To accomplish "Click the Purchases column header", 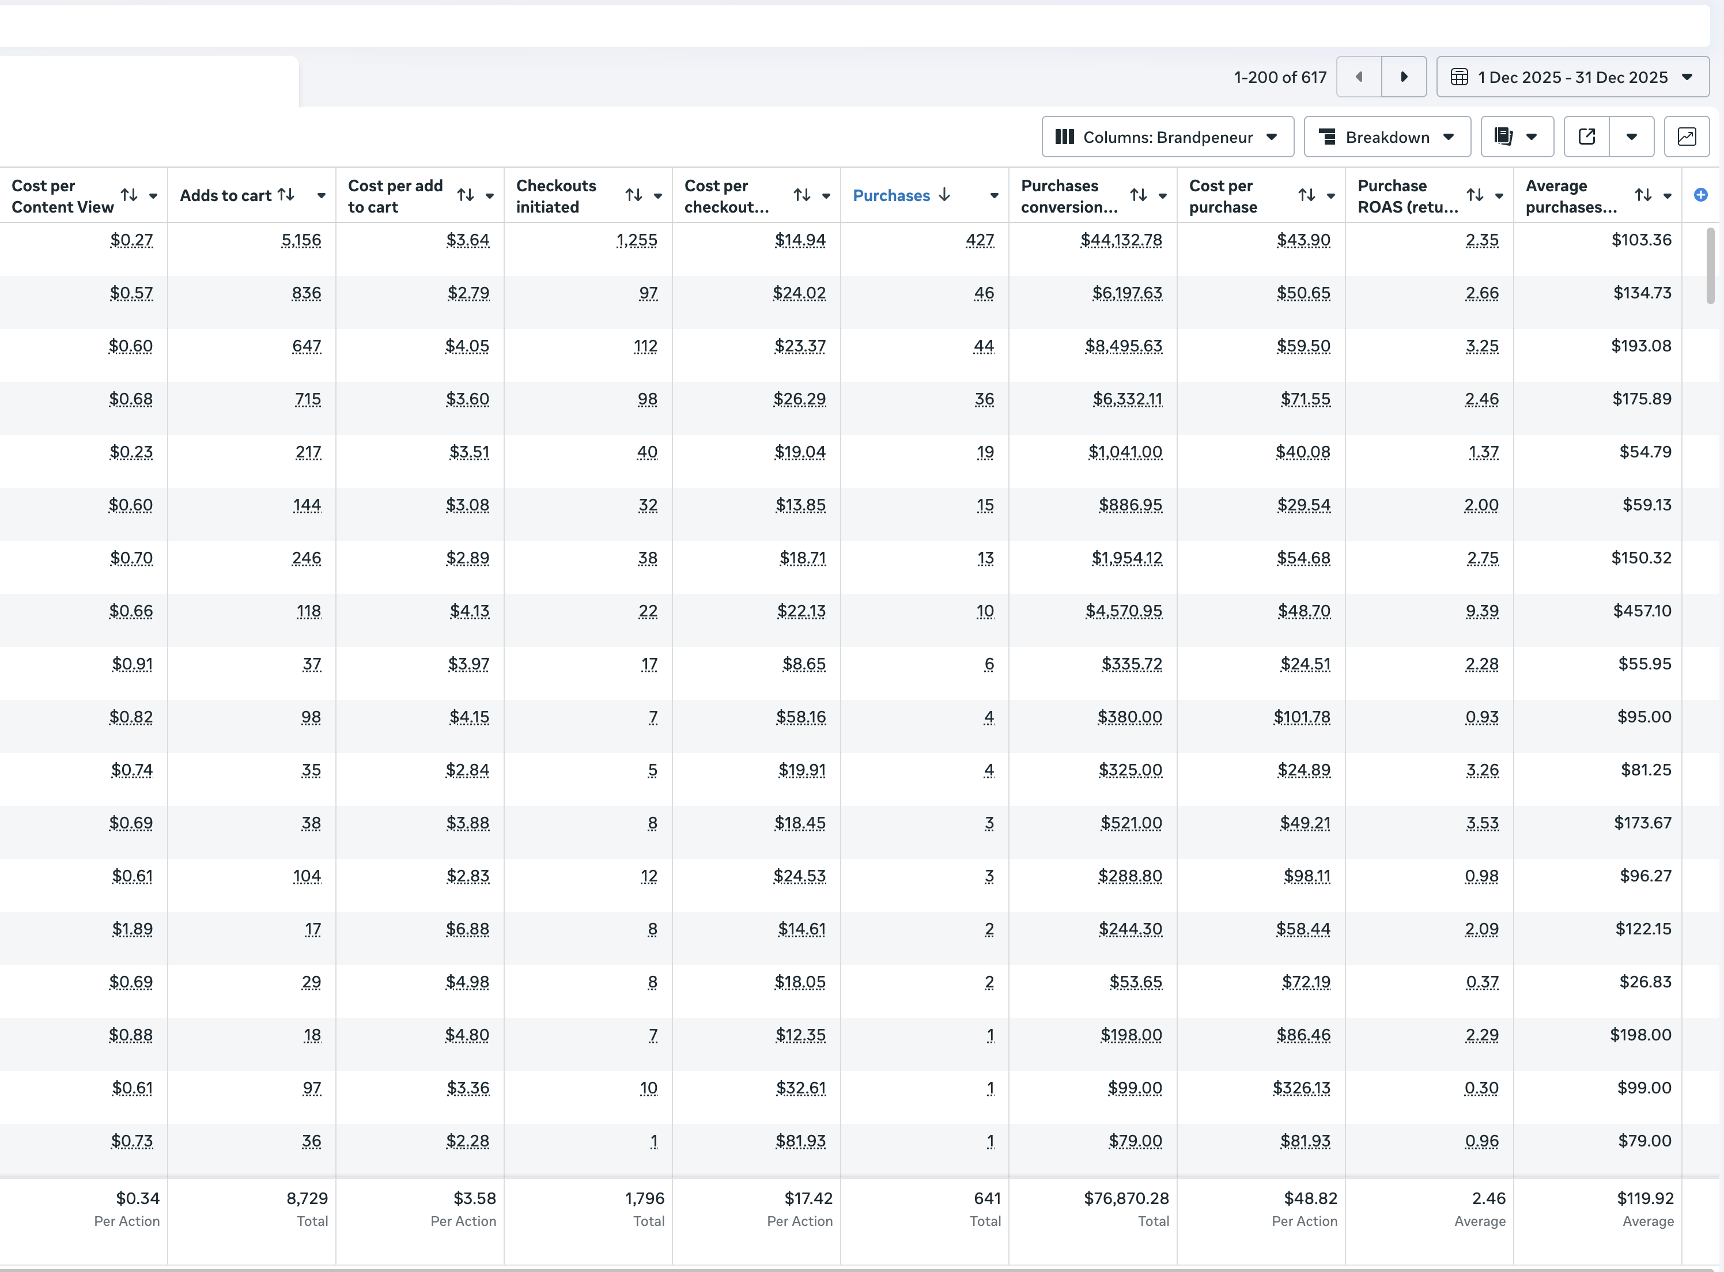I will point(891,195).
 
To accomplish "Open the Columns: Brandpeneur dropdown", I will point(1167,137).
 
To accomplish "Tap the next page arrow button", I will point(1403,77).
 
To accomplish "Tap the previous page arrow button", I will point(1359,77).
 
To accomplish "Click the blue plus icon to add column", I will point(1701,195).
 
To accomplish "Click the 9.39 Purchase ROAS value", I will point(1481,611).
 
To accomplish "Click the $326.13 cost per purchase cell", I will point(1300,1088).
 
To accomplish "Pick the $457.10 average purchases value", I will point(1642,611).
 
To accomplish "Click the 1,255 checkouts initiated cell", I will point(636,240).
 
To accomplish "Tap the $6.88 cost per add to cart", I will point(467,929).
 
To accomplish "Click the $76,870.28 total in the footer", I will point(1126,1198).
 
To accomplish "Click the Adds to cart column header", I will point(226,195).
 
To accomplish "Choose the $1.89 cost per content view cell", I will point(133,929).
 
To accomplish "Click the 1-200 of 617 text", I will point(1280,77).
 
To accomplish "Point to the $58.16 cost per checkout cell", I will point(801,717).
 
